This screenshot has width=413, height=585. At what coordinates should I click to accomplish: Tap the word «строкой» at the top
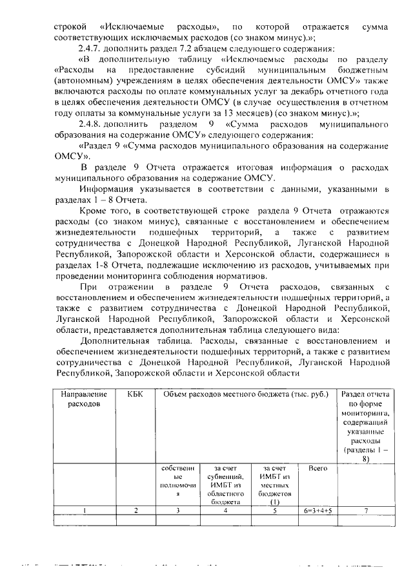(x=70, y=27)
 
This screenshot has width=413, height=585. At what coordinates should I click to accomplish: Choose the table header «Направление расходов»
(x=84, y=399)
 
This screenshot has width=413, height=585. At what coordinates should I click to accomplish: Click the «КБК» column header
(x=136, y=394)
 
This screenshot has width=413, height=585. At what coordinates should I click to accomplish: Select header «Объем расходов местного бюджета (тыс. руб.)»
(x=245, y=394)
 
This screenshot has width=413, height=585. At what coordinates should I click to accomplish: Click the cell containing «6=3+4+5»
(x=317, y=510)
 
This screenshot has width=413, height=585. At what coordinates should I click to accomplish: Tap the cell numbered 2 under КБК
(x=136, y=510)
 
